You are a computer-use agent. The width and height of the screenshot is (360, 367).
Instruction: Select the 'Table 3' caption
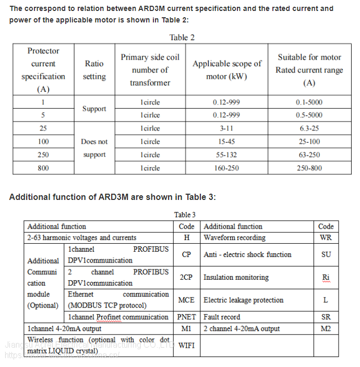tap(185, 215)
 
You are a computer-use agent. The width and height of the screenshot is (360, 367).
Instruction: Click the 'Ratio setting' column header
tap(94, 70)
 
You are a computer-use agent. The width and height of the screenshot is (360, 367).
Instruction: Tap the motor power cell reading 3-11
tap(226, 128)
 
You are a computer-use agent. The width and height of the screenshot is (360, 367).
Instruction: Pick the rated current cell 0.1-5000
tap(309, 102)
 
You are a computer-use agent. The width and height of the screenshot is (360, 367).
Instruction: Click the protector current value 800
tap(43, 168)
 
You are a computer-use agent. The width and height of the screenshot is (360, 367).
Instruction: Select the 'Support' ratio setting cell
tap(94, 109)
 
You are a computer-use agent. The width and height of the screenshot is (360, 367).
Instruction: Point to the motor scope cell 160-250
tap(226, 168)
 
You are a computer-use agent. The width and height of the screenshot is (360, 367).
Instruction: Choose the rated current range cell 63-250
tap(309, 155)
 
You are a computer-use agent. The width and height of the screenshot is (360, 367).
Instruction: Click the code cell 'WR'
tap(326, 238)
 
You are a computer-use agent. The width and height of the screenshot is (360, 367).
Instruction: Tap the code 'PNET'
tap(186, 317)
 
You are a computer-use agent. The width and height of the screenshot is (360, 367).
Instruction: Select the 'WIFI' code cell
tap(186, 345)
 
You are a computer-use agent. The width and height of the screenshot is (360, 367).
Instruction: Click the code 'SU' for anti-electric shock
tap(326, 255)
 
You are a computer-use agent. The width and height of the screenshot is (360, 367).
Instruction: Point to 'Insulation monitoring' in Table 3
tap(236, 277)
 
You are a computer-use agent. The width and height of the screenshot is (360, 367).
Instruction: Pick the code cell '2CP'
tap(186, 277)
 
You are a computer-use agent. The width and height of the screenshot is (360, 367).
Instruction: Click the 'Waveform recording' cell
tap(234, 238)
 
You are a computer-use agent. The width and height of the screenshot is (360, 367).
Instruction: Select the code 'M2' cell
tap(326, 329)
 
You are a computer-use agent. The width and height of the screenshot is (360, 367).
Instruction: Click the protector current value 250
tap(43, 155)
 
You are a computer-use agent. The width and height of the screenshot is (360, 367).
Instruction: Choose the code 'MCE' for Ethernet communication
tap(186, 300)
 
